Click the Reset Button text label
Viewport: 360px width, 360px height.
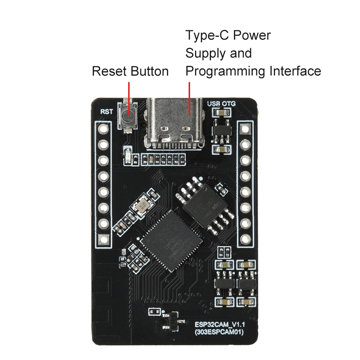[x=130, y=71]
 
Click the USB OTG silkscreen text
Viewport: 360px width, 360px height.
[x=221, y=104]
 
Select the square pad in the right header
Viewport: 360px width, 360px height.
[x=246, y=128]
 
